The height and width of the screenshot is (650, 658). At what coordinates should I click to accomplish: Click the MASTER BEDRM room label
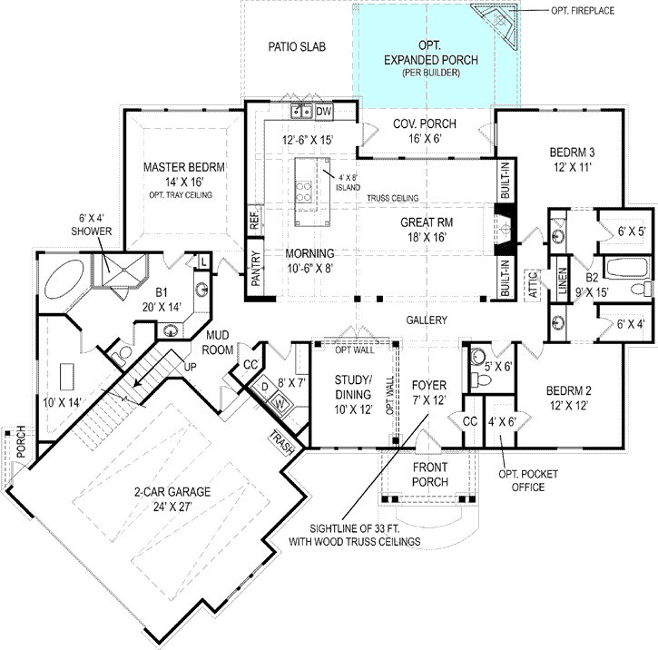coord(183,167)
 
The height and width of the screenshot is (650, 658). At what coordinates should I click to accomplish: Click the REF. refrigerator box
coord(254,221)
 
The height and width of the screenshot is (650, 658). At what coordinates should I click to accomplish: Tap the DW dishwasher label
coord(323,112)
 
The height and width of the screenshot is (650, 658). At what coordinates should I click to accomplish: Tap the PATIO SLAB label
coord(297,46)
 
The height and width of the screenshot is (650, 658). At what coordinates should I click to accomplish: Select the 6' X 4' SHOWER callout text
coord(93,224)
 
